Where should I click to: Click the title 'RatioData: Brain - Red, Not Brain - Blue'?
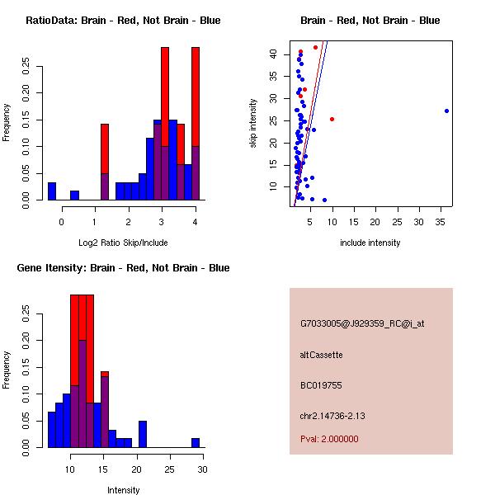coord(123,21)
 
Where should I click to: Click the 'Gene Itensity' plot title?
coord(123,268)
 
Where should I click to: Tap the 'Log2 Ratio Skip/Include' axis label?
coord(123,243)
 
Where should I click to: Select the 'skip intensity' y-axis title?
coord(254,123)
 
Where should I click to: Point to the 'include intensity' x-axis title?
coord(370,243)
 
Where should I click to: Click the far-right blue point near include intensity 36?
coord(446,111)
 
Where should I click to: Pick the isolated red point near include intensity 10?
coord(332,119)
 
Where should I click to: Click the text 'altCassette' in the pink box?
coord(321,355)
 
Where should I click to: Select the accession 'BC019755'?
coord(320,385)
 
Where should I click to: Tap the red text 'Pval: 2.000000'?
coord(329,439)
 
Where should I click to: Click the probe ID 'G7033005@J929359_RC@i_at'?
coord(362,324)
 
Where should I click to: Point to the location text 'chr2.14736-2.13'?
coord(332,415)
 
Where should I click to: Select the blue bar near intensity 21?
coord(143,434)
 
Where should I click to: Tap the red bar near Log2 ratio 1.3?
coord(105,148)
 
